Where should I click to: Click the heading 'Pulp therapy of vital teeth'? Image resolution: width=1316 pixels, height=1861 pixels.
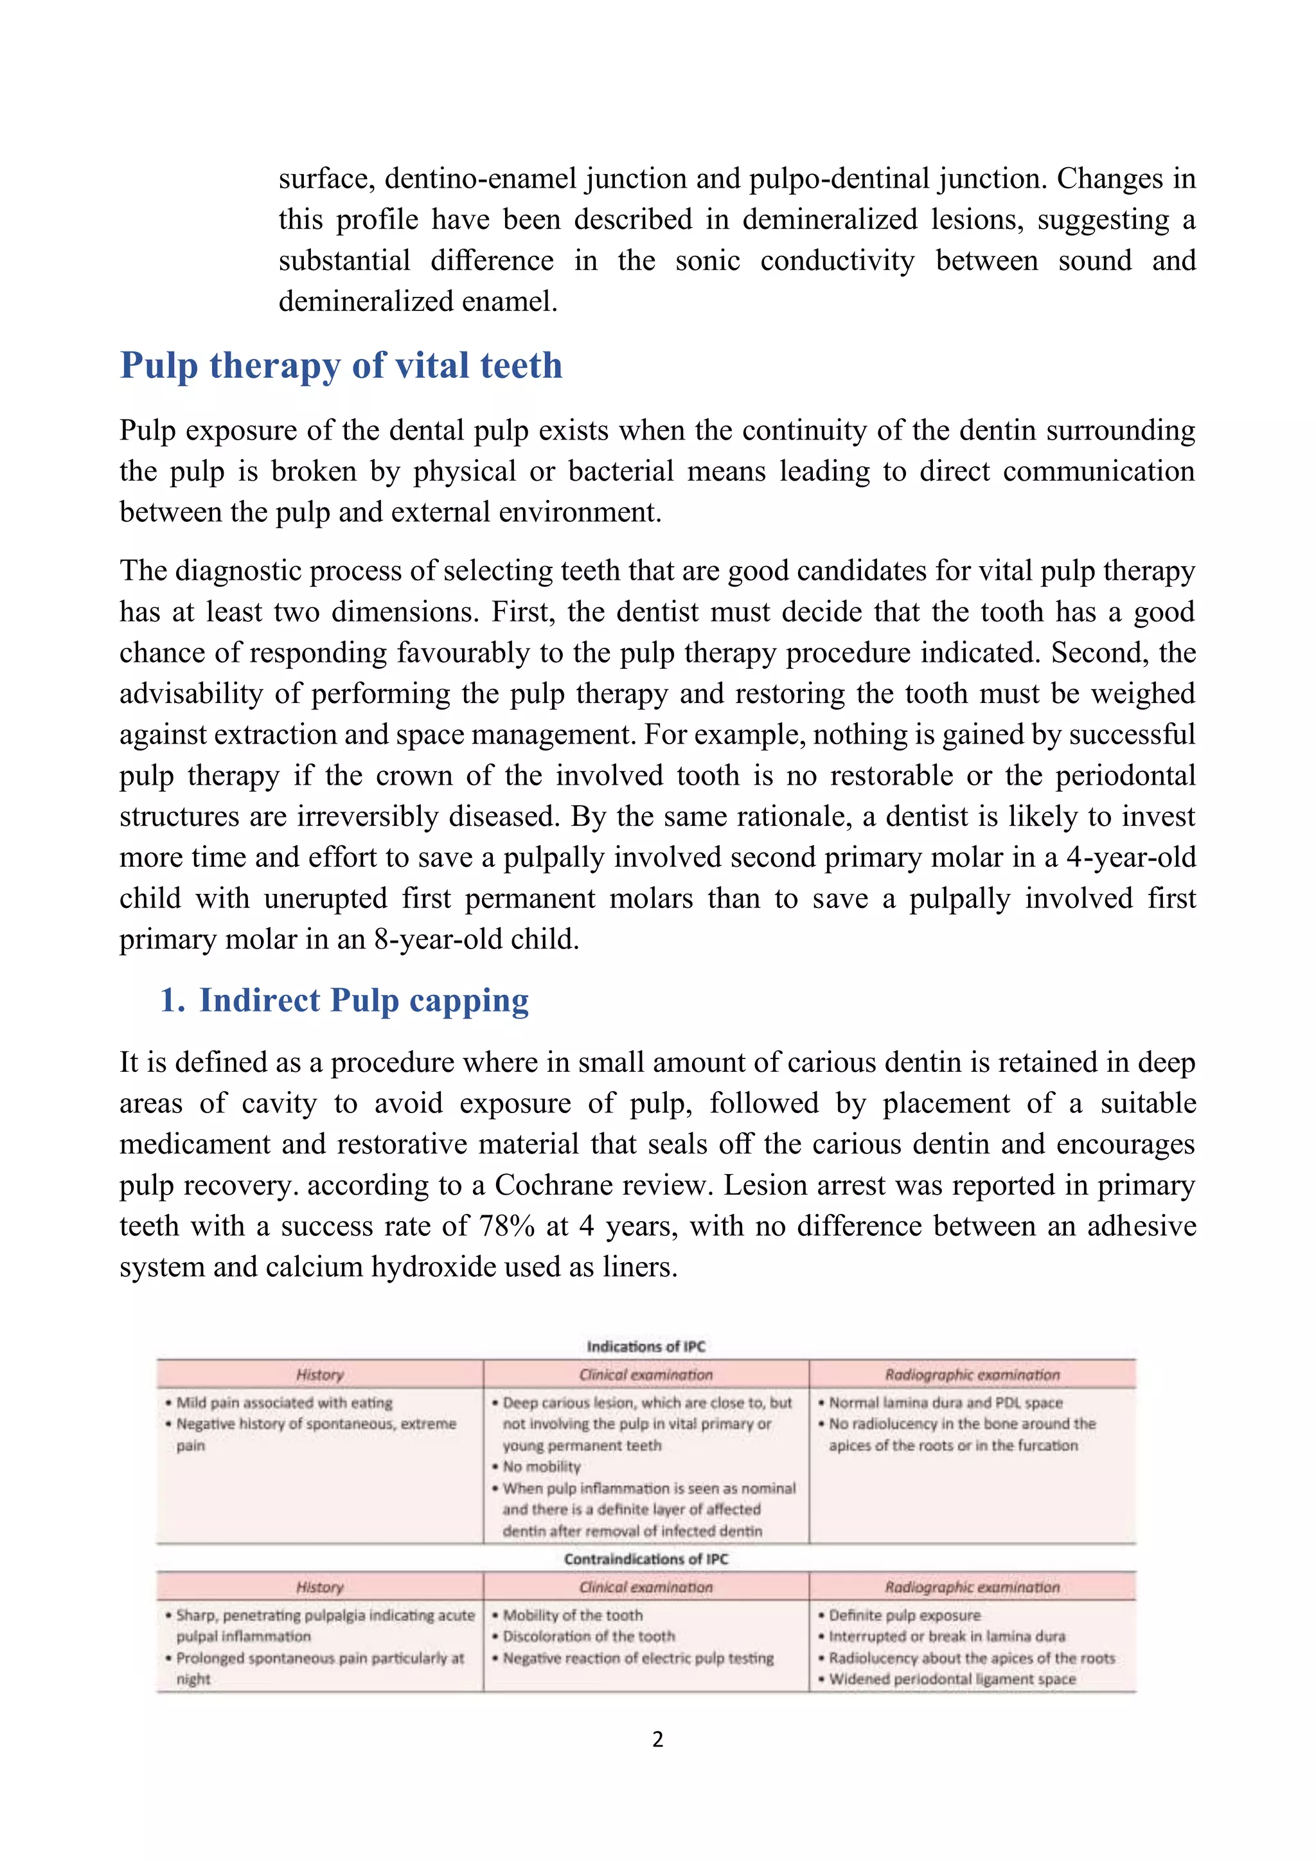point(341,366)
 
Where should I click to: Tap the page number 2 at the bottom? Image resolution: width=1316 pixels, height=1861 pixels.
point(657,1739)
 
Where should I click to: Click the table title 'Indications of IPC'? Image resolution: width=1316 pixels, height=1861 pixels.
point(646,1346)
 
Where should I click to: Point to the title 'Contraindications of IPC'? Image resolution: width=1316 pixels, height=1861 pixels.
point(646,1559)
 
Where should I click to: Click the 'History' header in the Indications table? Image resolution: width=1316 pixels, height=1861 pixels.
point(320,1375)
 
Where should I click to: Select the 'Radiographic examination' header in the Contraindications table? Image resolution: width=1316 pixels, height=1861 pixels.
point(972,1587)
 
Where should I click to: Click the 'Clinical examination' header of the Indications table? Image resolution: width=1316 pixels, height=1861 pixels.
point(646,1375)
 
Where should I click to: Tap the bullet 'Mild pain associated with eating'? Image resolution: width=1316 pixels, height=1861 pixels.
point(283,1402)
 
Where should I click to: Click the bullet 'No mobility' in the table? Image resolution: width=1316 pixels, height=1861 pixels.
point(541,1466)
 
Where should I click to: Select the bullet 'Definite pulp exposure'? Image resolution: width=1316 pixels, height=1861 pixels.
point(904,1615)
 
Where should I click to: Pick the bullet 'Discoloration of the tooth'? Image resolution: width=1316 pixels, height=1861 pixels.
point(589,1637)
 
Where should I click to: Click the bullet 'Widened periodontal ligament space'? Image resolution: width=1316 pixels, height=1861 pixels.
point(952,1678)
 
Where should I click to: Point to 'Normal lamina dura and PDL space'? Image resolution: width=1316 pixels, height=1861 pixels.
point(945,1402)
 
